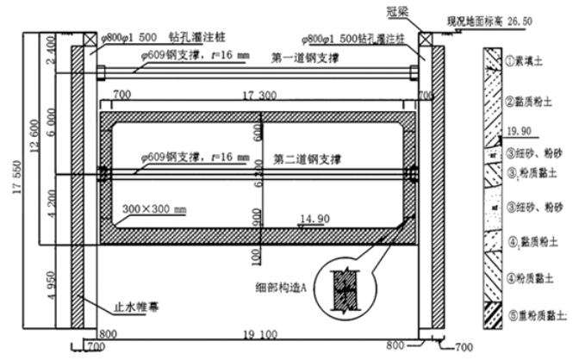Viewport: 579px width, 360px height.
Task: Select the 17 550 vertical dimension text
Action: pyautogui.click(x=12, y=181)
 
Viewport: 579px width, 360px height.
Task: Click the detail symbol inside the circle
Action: pyautogui.click(x=349, y=288)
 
